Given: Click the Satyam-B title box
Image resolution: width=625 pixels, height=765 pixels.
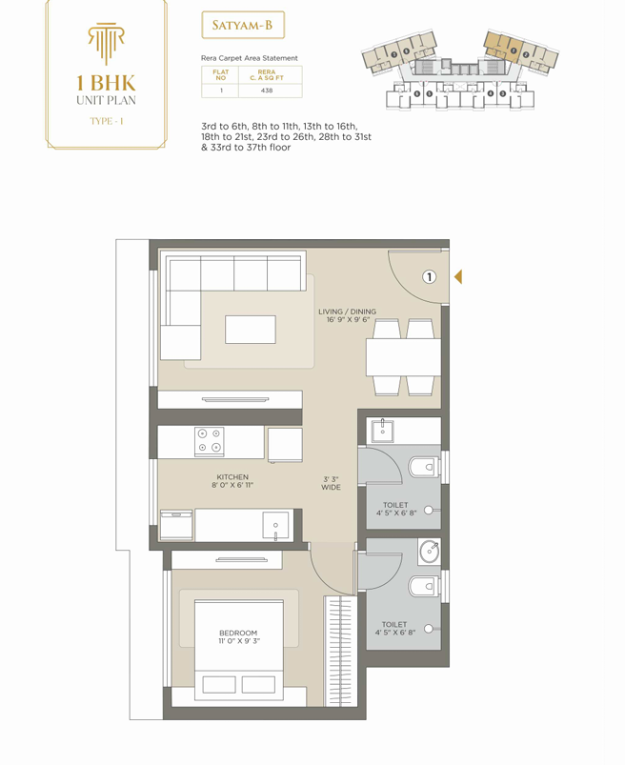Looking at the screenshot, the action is [243, 26].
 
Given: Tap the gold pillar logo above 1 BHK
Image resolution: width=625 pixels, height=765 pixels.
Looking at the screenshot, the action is [106, 43].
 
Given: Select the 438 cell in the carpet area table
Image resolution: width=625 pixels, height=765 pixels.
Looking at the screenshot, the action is [267, 91].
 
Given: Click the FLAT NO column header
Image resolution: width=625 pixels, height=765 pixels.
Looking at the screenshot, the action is [220, 74].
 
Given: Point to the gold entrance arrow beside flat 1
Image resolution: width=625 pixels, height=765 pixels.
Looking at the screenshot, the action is [458, 276].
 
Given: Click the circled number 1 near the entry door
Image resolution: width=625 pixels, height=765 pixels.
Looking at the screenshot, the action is [429, 277].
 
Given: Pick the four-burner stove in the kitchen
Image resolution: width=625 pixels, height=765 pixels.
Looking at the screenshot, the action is [210, 441].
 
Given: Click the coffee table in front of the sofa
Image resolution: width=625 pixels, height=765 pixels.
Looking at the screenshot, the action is [251, 330].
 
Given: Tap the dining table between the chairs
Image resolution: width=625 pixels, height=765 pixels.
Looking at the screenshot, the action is [404, 357].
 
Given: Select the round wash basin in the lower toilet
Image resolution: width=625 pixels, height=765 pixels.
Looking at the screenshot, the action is [430, 553].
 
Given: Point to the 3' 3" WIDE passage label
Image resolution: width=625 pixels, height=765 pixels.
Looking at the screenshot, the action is [331, 483].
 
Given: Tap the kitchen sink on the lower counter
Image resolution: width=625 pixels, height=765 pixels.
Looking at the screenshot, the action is [275, 526].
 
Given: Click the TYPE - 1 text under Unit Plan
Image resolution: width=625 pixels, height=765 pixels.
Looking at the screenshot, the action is [107, 121].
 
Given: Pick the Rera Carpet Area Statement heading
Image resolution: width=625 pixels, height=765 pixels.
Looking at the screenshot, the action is [250, 58].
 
